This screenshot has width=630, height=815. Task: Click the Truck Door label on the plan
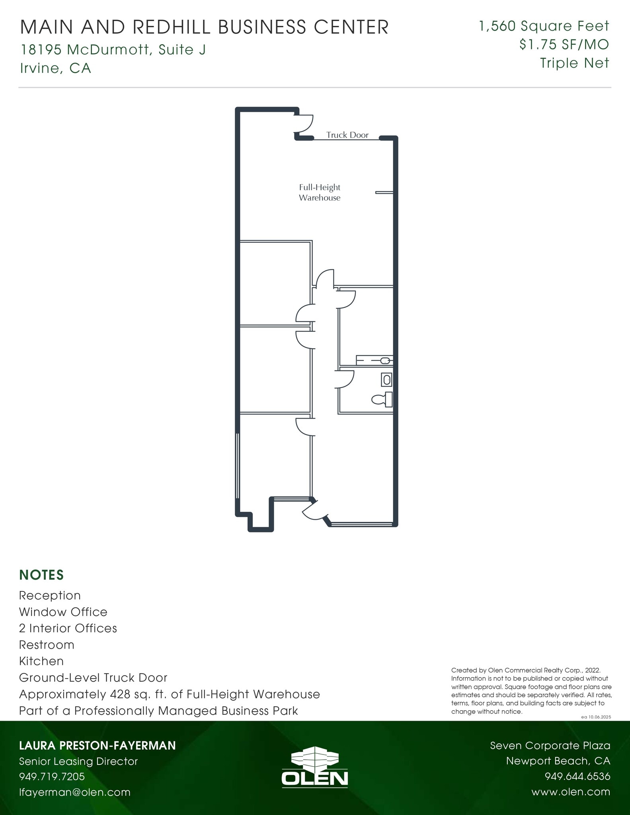tap(347, 135)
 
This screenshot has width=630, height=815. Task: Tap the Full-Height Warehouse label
tap(320, 193)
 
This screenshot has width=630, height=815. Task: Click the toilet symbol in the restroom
tap(383, 399)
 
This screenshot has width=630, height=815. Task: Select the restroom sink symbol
tap(386, 380)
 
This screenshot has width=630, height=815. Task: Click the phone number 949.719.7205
tap(52, 776)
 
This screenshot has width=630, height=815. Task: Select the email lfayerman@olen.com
tap(75, 792)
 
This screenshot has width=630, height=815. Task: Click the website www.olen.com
tap(570, 792)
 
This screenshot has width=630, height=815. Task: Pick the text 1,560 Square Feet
tap(544, 26)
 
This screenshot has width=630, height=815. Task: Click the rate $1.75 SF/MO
tap(564, 45)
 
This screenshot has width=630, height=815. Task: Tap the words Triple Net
tap(574, 63)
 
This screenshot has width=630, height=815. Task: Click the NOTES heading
tap(41, 575)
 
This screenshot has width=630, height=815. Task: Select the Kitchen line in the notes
tap(41, 661)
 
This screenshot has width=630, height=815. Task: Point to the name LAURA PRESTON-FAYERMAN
tap(98, 745)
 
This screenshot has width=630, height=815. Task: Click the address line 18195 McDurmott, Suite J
tap(113, 50)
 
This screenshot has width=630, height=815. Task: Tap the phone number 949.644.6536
tap(577, 776)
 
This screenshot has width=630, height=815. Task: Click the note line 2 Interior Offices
tap(68, 628)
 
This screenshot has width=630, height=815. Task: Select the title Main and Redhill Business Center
tap(204, 27)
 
